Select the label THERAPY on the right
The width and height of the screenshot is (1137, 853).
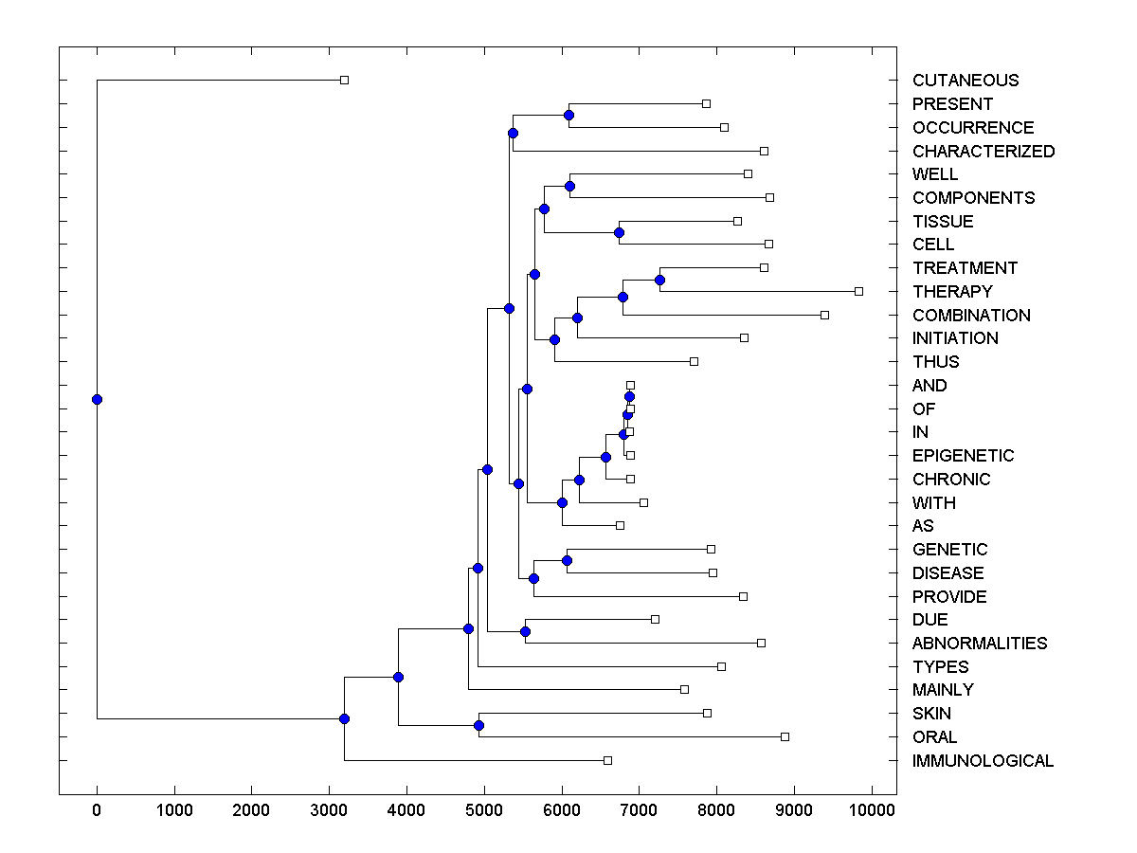(952, 292)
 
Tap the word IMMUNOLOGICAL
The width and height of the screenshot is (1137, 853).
(983, 761)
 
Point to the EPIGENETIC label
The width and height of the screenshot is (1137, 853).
(963, 456)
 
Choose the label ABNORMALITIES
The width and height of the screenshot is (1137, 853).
(980, 644)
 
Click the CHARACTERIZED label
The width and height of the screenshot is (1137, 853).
(984, 152)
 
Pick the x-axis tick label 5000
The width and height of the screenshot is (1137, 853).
(483, 810)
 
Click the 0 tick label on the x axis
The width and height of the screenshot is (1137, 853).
(97, 810)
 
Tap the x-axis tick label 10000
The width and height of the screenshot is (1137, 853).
(871, 810)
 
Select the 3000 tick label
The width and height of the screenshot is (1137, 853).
(329, 810)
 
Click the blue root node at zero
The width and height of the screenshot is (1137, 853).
(97, 399)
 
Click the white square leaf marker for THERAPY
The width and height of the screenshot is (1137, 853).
(858, 291)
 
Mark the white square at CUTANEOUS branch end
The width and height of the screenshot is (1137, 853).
(344, 81)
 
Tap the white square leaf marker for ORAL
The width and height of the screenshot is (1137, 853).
(785, 736)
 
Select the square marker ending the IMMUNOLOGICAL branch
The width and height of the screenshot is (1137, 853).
(607, 760)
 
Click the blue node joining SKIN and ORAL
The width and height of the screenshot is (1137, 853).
(478, 725)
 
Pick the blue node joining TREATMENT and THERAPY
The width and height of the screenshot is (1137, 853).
(659, 280)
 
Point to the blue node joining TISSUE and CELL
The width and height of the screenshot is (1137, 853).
(619, 232)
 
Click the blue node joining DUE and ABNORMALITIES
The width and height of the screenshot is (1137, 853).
(525, 631)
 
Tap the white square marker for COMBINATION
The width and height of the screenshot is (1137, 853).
(824, 315)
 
